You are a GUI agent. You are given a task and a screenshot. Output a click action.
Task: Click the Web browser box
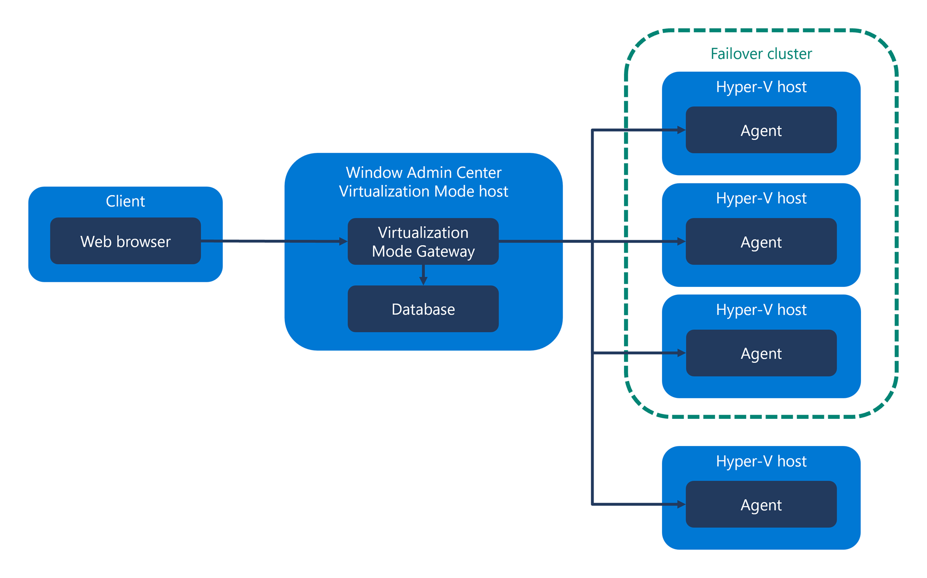point(125,241)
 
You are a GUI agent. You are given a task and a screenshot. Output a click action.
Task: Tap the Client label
point(125,201)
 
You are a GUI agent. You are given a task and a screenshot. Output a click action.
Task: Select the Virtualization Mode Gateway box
point(423,241)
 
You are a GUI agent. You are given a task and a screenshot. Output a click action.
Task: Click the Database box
point(423,309)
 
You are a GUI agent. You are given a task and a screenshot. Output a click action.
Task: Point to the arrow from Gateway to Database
point(423,275)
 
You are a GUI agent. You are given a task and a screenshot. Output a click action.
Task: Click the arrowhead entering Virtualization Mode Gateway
point(343,241)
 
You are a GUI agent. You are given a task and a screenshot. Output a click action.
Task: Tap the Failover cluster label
point(761,54)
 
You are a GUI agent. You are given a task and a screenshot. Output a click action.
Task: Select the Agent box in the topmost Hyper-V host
point(761,130)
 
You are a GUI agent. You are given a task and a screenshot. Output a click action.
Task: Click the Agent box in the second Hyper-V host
point(761,242)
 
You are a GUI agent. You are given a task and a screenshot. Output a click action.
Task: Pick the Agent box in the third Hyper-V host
point(761,353)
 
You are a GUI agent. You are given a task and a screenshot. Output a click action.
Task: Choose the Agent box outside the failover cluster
point(761,505)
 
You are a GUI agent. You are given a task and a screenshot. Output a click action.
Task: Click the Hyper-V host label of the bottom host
point(761,461)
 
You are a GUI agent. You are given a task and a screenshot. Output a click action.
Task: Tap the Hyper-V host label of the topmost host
point(761,87)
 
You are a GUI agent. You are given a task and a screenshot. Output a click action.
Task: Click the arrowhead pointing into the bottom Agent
point(682,504)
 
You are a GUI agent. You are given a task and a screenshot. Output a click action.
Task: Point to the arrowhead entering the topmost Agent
point(682,130)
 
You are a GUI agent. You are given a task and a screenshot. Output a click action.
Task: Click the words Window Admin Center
point(423,173)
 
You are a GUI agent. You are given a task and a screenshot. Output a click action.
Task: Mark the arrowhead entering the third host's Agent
point(682,353)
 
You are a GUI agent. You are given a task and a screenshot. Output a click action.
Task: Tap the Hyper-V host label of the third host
point(761,310)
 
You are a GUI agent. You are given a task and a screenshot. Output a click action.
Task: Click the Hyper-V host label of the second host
point(761,198)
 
